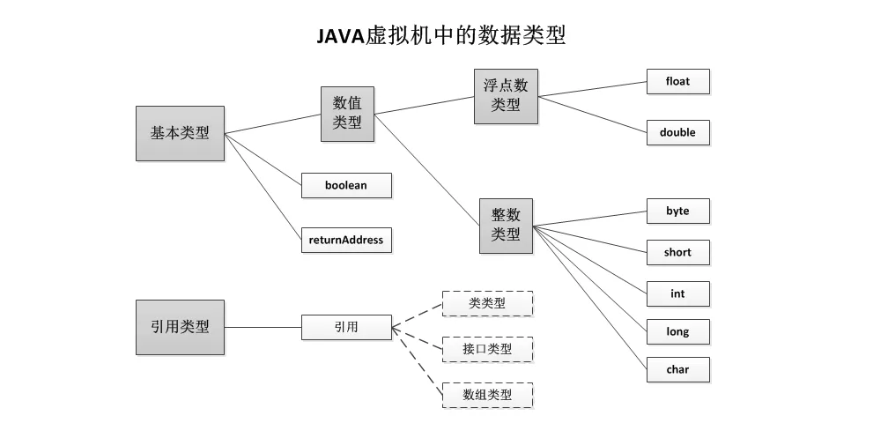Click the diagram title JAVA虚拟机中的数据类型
coord(441,35)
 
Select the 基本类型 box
coord(180,133)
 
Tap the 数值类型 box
coord(347,114)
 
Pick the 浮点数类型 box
coord(506,95)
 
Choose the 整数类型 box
coord(506,226)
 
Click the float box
coord(677,82)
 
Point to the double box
coord(677,132)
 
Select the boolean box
coord(345,186)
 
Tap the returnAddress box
coord(345,240)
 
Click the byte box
coord(677,211)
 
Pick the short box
coord(677,253)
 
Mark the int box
coord(677,293)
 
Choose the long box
coord(677,332)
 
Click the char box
coord(677,370)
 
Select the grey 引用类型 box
coord(180,327)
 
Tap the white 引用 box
coord(345,327)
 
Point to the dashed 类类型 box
coord(487,304)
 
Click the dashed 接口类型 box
coord(487,350)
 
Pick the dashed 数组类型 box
coord(487,395)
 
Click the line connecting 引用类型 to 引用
coord(263,327)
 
